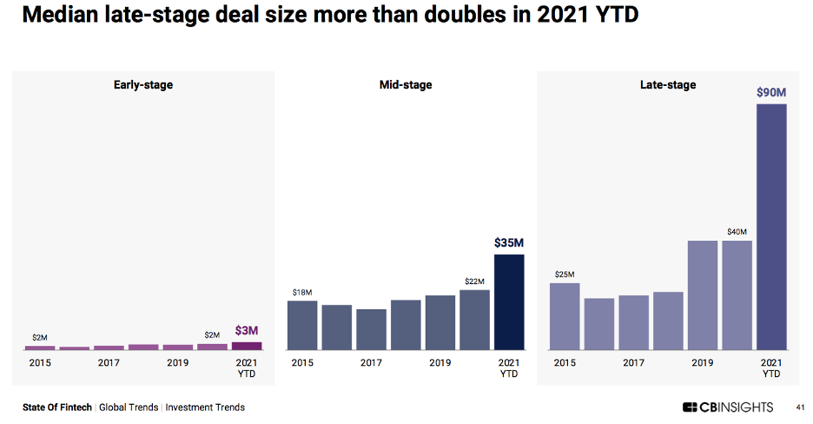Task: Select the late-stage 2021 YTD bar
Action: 771,226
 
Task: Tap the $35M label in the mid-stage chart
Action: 509,242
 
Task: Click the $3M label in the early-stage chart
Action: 247,330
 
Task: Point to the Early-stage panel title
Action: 143,85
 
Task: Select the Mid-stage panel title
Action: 406,85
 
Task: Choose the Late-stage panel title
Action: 668,85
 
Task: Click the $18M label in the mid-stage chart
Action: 301,293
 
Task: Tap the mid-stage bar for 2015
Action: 302,325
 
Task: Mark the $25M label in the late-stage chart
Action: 565,275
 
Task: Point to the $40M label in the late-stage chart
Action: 737,232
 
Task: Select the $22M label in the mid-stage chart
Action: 474,282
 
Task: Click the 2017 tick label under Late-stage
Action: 633,363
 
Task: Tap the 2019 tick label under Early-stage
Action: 178,363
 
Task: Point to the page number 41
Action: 801,407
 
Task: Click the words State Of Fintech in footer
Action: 58,407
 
